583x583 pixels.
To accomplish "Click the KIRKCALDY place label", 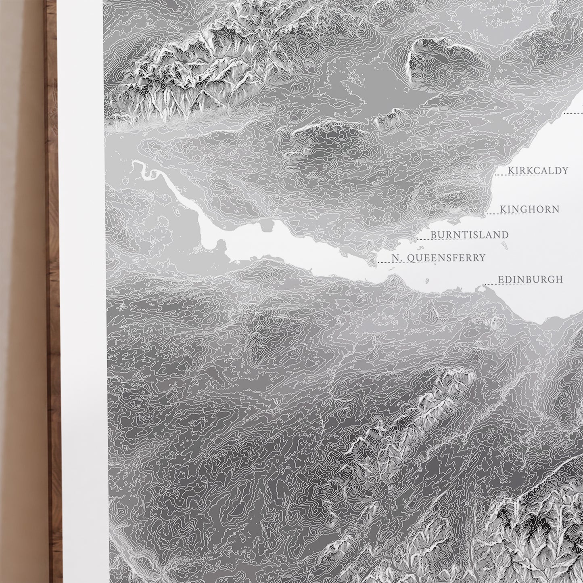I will click(x=538, y=171).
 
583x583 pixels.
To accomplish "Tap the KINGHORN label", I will click(x=530, y=209).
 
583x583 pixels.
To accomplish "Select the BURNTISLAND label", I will click(x=469, y=235).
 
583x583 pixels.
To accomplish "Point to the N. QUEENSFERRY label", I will click(x=438, y=258).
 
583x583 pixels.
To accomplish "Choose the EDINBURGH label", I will click(x=530, y=279).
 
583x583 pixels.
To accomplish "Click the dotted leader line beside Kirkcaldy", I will click(x=501, y=175).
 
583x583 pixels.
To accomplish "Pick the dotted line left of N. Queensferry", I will click(x=384, y=262).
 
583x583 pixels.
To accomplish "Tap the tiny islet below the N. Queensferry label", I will click(x=427, y=280).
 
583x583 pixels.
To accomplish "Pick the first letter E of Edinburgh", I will click(x=501, y=279).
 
